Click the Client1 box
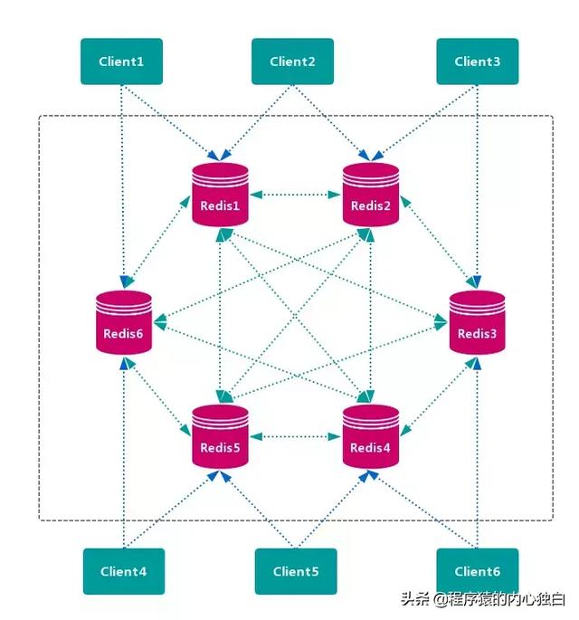[121, 62]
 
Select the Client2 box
[292, 62]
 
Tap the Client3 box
[478, 62]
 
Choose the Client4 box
[124, 571]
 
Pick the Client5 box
[296, 571]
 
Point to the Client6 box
[478, 571]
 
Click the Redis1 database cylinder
[220, 195]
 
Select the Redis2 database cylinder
[371, 195]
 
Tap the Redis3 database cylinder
[477, 322]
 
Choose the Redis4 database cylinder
[371, 436]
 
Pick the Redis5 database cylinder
[220, 436]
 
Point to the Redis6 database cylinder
[124, 322]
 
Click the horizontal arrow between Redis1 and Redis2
[295, 195]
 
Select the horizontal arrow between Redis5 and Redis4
[295, 436]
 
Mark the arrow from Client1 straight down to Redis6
[122, 186]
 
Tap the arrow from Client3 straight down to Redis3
[478, 186]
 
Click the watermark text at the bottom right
[483, 599]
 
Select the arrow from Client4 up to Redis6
[124, 453]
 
